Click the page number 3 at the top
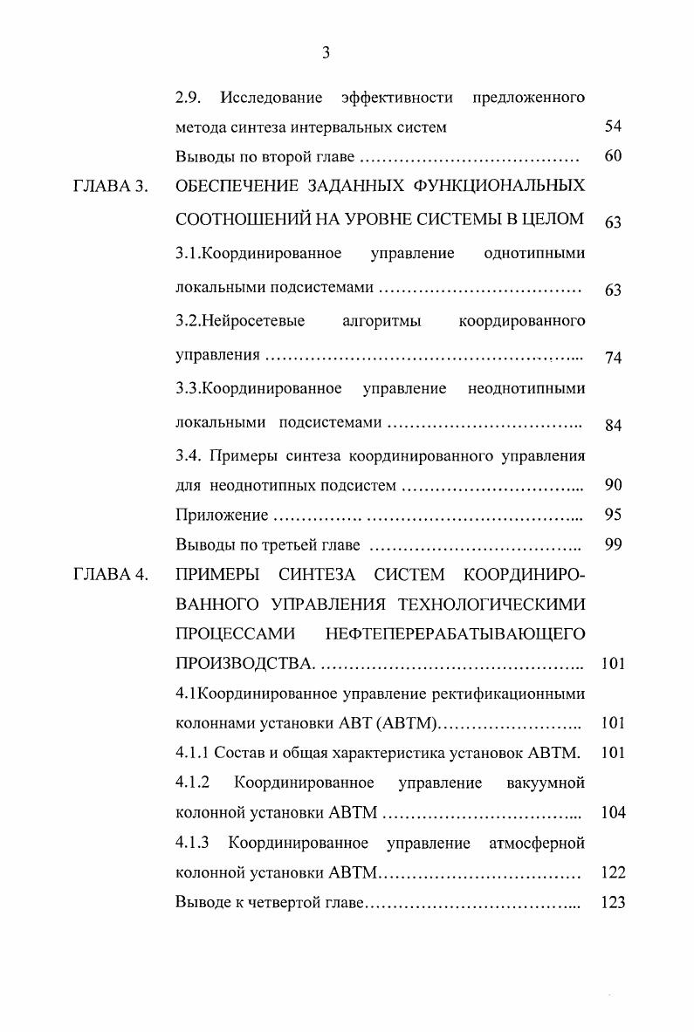coord(326,54)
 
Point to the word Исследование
coord(271,97)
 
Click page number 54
coord(613,126)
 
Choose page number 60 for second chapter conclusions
coord(613,157)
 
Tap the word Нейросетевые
coord(241,321)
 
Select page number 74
coord(613,358)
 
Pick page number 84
coord(613,425)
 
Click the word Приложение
coord(222,516)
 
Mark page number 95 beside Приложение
coord(613,515)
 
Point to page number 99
coord(613,545)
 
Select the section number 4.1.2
coord(193,782)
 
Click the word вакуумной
coord(546,782)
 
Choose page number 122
coord(614,872)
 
